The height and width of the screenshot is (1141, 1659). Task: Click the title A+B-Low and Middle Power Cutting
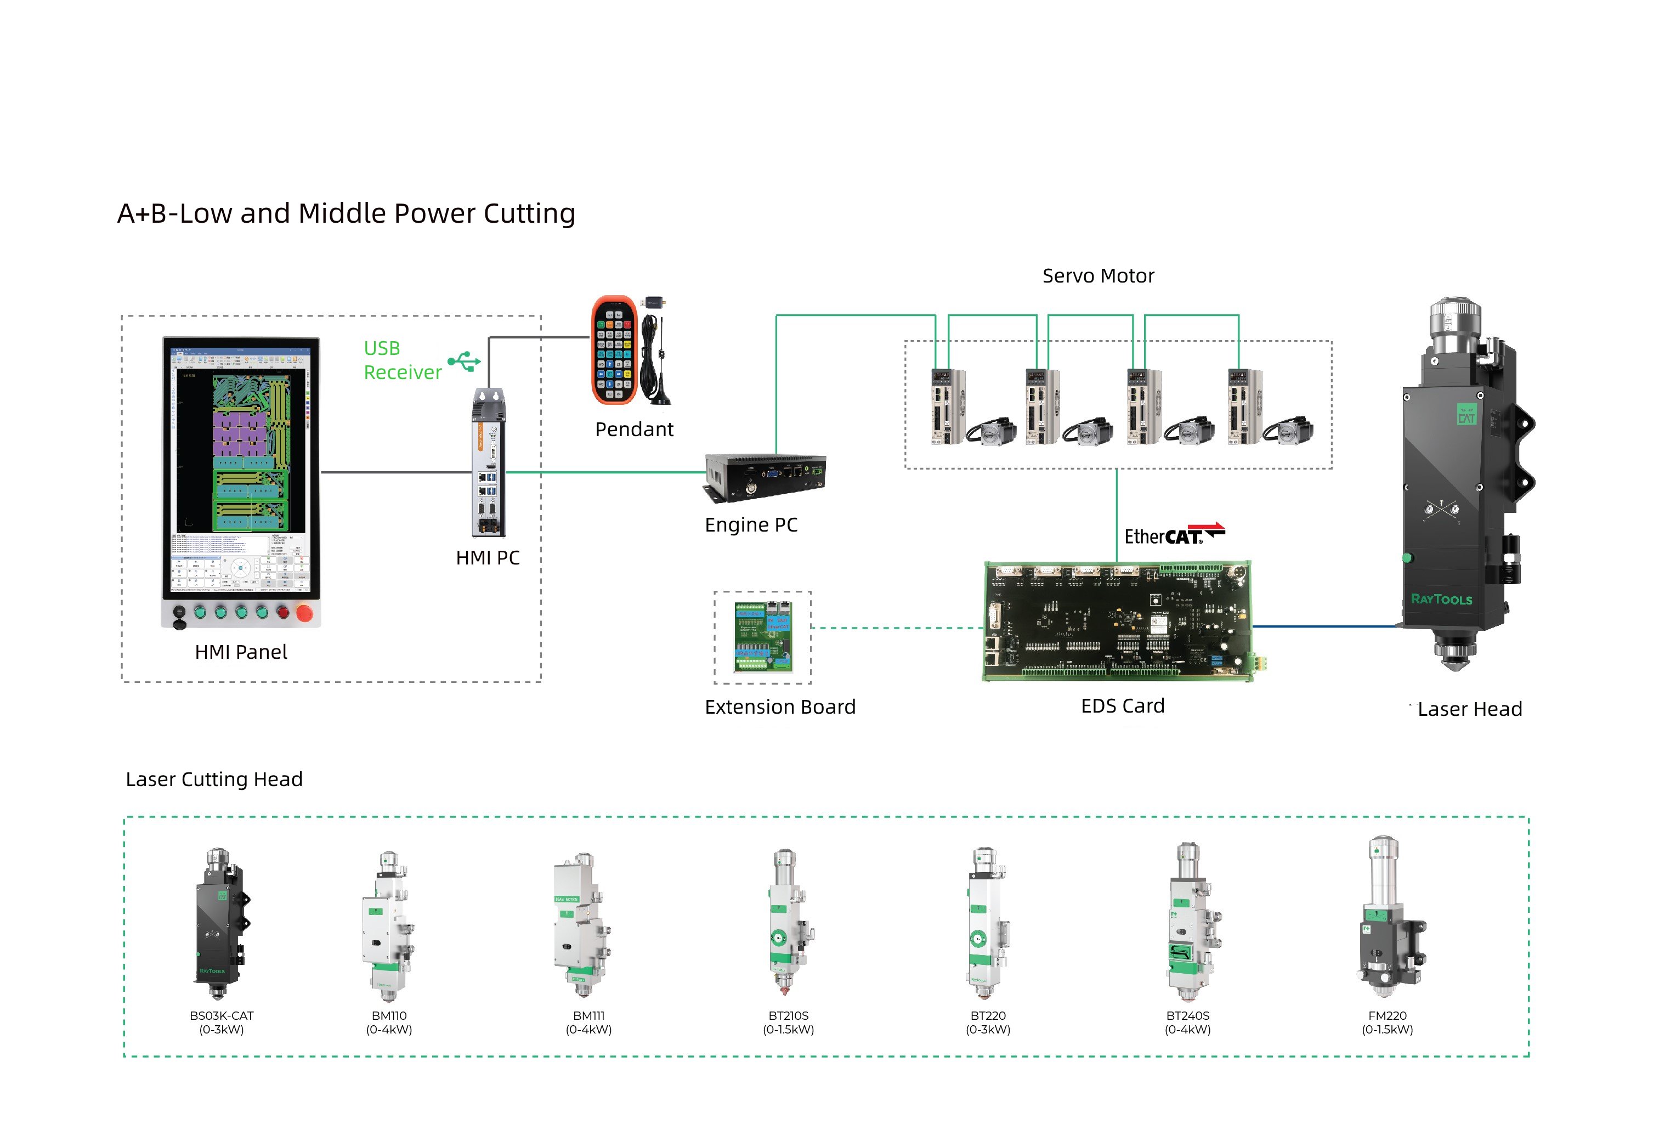click(x=346, y=213)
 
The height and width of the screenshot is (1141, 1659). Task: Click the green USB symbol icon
click(x=465, y=361)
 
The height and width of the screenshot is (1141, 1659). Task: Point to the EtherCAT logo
click(x=1174, y=535)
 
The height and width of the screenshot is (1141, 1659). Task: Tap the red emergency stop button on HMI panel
click(x=304, y=613)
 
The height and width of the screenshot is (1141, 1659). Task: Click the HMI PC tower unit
click(x=489, y=464)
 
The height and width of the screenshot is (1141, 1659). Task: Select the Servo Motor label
click(x=1098, y=276)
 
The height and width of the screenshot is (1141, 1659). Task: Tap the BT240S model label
click(x=1187, y=1015)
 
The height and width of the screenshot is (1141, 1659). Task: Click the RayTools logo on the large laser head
click(x=1441, y=599)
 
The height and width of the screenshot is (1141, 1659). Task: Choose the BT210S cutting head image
click(x=788, y=922)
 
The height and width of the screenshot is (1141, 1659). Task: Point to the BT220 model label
click(x=988, y=1015)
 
